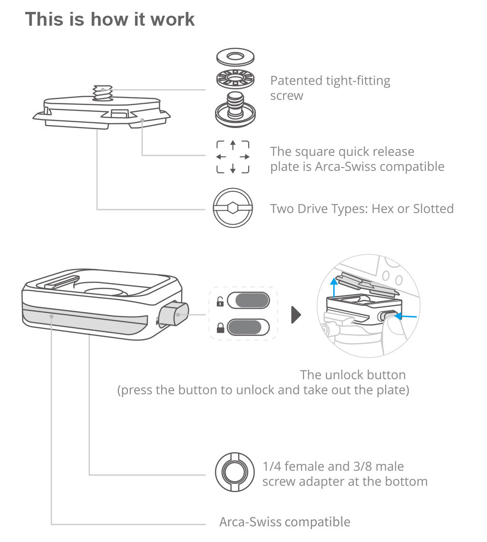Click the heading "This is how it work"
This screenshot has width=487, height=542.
point(110,19)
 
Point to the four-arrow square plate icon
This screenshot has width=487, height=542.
point(233,157)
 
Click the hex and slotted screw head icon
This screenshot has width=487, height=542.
point(233,208)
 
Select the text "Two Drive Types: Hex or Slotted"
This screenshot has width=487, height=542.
point(362,208)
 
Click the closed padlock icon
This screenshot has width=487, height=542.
point(220,327)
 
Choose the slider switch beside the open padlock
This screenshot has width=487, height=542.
point(248,301)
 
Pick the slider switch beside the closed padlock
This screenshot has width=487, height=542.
point(248,327)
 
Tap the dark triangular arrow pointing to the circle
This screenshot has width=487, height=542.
point(296,315)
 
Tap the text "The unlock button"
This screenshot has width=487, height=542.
point(352,374)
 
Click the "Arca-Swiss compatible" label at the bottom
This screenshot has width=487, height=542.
point(284,522)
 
